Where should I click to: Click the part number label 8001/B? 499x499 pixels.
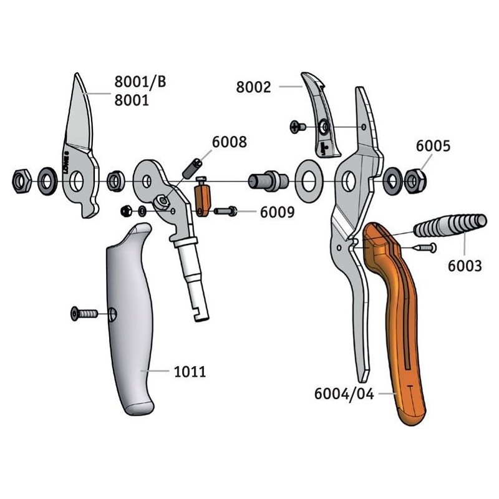click(140, 81)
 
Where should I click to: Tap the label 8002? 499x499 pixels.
click(254, 87)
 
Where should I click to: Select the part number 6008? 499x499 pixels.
click(230, 142)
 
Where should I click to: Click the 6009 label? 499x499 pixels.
click(277, 212)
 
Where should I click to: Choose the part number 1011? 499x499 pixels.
click(188, 372)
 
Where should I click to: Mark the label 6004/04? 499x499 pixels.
click(344, 394)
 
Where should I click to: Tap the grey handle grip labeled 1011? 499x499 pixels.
click(131, 324)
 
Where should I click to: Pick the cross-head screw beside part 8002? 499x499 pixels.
click(298, 127)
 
